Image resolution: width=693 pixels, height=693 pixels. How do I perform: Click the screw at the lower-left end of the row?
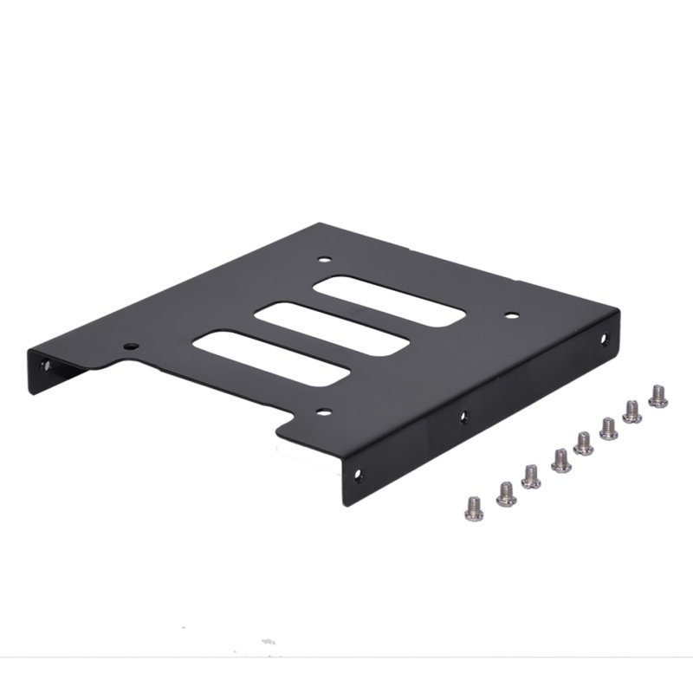pyautogui.click(x=474, y=508)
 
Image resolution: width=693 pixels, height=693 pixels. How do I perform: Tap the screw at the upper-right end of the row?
pyautogui.click(x=657, y=396)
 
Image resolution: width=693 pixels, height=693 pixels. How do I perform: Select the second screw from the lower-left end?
pyautogui.click(x=506, y=494)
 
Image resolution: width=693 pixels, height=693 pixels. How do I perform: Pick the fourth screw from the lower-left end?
pyautogui.click(x=560, y=460)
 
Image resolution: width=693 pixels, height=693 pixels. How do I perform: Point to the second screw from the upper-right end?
pyautogui.click(x=632, y=411)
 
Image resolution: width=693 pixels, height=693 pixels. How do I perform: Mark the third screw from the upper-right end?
pyautogui.click(x=608, y=428)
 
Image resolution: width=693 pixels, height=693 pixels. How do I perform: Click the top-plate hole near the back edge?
pyautogui.click(x=324, y=258)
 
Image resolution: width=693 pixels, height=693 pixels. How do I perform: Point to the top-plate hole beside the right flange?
pyautogui.click(x=511, y=315)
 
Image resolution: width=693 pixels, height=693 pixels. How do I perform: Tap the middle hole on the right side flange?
pyautogui.click(x=464, y=417)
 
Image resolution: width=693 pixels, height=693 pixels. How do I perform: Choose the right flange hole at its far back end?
pyautogui.click(x=604, y=340)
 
